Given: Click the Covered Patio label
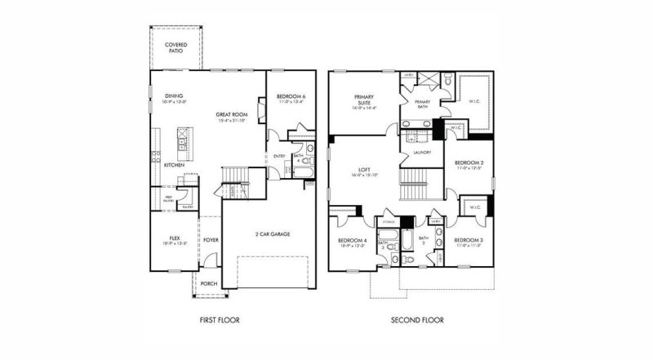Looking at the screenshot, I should click(x=174, y=47).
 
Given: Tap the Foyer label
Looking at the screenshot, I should click(x=211, y=240).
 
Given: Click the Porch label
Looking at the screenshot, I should click(x=209, y=283).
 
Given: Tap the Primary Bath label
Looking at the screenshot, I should click(x=422, y=104).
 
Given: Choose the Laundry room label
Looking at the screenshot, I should click(x=421, y=152).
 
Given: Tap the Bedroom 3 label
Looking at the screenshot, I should click(x=469, y=241).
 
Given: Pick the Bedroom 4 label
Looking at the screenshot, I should click(x=353, y=242).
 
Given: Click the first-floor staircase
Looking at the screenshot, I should click(x=236, y=175).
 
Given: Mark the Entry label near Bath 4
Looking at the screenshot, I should click(x=279, y=156).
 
